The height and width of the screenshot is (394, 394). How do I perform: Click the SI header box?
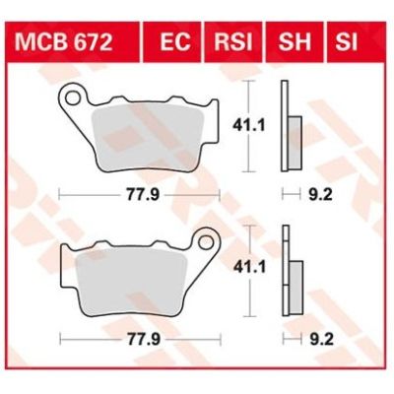(x=346, y=42)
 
